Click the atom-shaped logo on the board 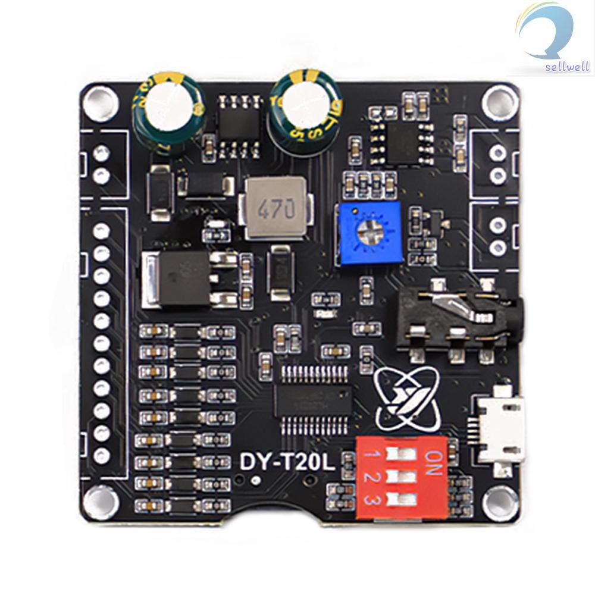[x=405, y=399]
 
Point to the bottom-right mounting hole [x=498, y=501]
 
